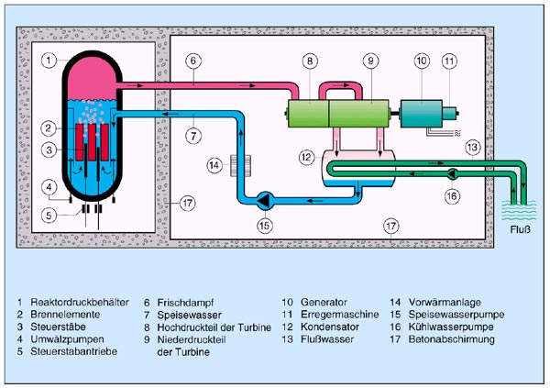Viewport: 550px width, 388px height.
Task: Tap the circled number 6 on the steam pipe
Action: click(194, 61)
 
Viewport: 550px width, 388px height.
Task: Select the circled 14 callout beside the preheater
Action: click(214, 166)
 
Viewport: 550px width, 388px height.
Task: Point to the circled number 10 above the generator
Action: click(422, 61)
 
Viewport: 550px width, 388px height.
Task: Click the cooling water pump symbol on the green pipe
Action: click(452, 172)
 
